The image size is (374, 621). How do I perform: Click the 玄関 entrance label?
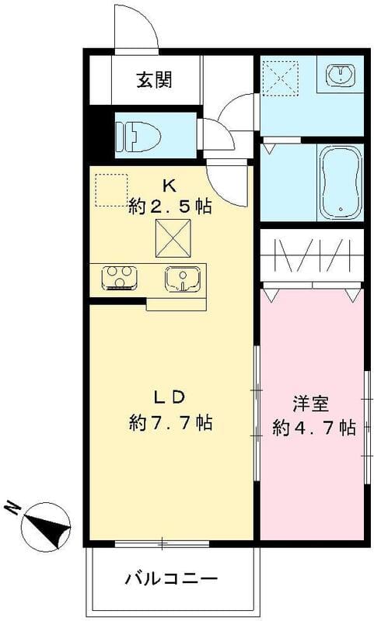[156, 79]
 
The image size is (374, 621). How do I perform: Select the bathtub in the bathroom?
[340, 182]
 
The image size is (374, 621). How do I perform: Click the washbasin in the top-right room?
[341, 75]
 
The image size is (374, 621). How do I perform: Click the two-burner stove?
[120, 277]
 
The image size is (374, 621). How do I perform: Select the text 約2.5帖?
[171, 207]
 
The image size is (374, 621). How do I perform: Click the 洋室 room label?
[311, 404]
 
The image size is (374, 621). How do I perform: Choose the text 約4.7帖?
[314, 427]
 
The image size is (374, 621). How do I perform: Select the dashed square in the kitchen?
[110, 190]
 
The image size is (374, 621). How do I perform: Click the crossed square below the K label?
[173, 238]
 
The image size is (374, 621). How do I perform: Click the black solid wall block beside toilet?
[97, 135]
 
